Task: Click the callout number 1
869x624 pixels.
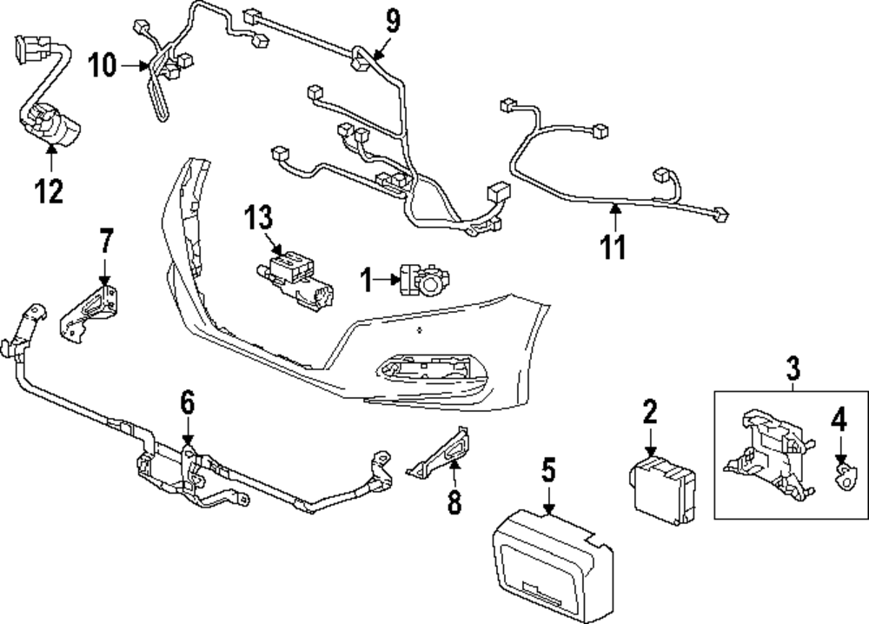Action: pos(367,279)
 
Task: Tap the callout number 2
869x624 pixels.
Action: pos(649,411)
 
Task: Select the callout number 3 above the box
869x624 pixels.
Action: pos(792,368)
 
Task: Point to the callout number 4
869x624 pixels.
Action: pos(838,422)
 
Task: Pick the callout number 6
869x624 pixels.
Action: pos(188,402)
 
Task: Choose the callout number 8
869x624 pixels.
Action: pos(454,501)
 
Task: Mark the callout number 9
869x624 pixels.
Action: pos(393,19)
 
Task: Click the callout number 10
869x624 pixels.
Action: pos(102,65)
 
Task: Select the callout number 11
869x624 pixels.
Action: pos(614,247)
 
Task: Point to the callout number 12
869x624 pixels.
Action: pos(50,190)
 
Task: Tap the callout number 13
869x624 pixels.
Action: pos(258,217)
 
